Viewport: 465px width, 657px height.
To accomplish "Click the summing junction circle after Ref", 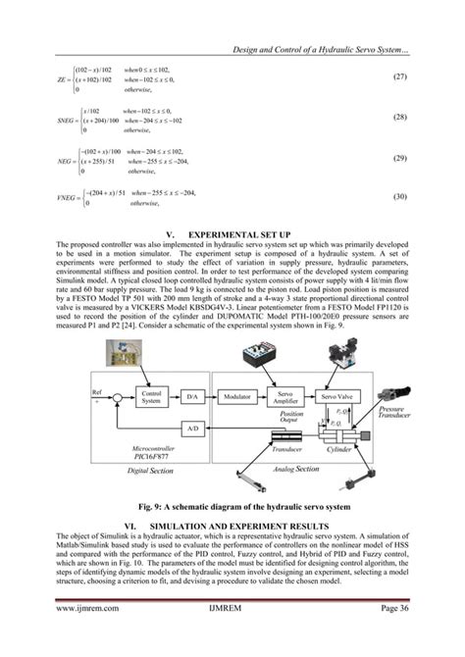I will click(116, 397).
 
